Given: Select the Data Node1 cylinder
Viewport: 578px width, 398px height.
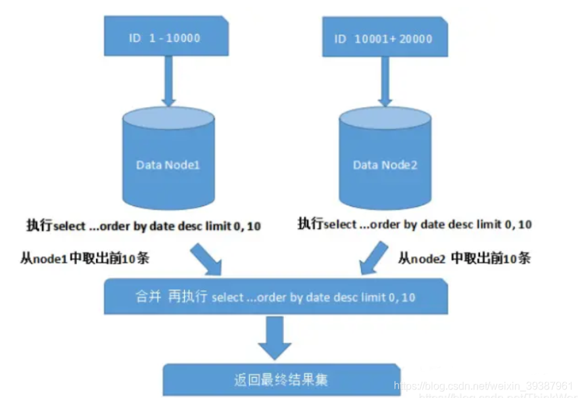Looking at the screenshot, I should [168, 161].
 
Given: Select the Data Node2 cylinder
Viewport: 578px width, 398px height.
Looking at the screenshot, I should [385, 161].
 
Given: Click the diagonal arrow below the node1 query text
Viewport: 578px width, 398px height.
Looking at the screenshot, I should [206, 258].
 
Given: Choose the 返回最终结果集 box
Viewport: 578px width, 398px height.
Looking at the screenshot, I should [281, 380].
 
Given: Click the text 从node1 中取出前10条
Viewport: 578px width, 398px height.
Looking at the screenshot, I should [85, 258].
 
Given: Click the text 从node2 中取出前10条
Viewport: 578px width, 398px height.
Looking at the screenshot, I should [464, 257].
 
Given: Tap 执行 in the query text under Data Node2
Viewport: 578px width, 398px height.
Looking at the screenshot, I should [310, 224].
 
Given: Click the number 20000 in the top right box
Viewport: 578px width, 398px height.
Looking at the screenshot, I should [414, 39].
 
